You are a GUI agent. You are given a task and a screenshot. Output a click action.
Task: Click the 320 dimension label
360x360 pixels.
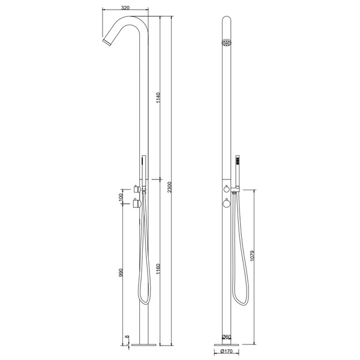pyautogui.click(x=125, y=8)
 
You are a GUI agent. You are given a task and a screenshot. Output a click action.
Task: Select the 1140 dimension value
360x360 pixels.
pyautogui.click(x=158, y=98)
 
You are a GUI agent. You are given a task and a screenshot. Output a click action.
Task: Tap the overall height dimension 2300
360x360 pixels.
pyautogui.click(x=169, y=187)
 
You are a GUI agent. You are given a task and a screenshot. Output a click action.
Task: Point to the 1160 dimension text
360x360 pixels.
pyautogui.click(x=158, y=269)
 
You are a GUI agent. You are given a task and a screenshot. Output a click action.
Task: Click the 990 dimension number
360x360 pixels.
pyautogui.click(x=121, y=272)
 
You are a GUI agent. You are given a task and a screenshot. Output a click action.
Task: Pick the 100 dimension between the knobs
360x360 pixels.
pyautogui.click(x=121, y=197)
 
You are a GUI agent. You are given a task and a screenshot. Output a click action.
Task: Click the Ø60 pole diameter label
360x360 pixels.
pyautogui.click(x=226, y=337)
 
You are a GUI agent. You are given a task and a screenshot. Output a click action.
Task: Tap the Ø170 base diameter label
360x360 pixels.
pyautogui.click(x=226, y=351)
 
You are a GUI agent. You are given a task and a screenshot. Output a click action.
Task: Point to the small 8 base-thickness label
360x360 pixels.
pyautogui.click(x=127, y=337)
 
